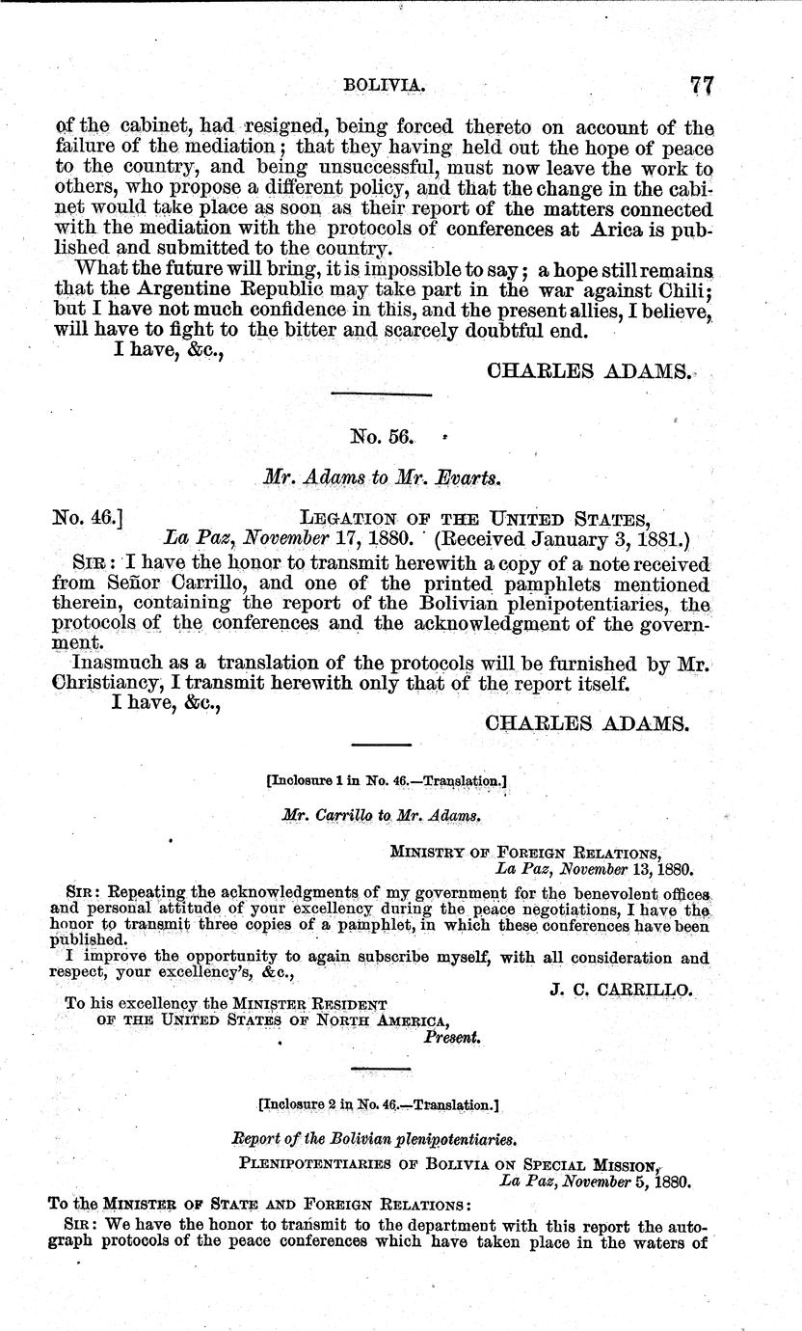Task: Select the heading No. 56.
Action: pyautogui.click(x=382, y=436)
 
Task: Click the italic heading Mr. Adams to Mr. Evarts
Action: pyautogui.click(x=383, y=476)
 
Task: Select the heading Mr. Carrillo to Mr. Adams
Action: pyautogui.click(x=382, y=815)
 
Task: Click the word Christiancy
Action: pyautogui.click(x=108, y=685)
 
